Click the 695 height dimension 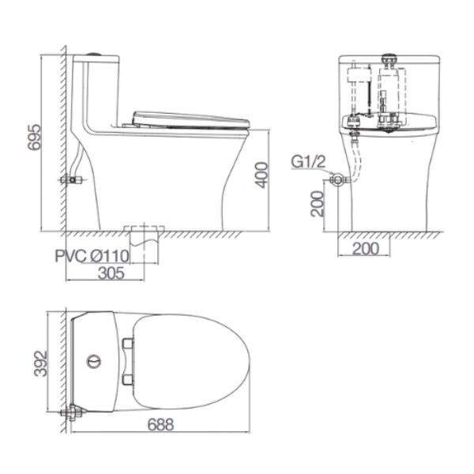point(33,137)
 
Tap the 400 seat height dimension point(261,175)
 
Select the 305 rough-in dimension point(111,273)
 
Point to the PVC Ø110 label point(92,256)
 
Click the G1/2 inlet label point(308,162)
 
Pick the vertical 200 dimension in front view point(317,204)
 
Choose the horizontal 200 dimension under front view point(366,249)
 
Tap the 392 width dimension point(40,363)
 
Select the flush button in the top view point(94,362)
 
